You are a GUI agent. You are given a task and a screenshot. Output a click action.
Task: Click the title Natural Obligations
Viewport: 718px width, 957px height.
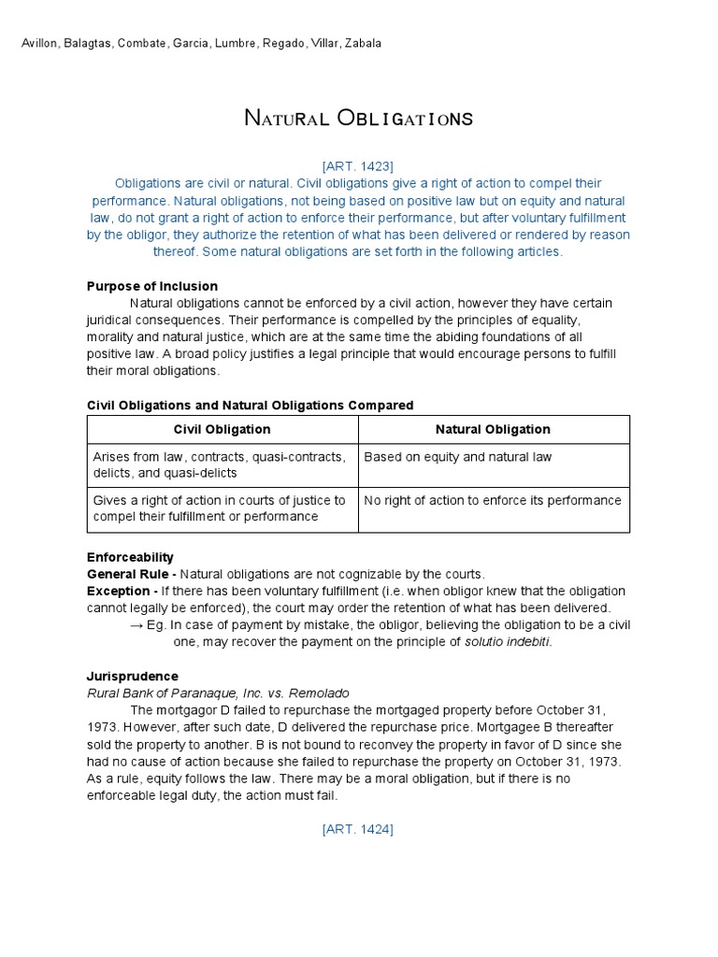(358, 119)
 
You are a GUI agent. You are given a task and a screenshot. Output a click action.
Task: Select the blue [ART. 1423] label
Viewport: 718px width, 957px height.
(358, 166)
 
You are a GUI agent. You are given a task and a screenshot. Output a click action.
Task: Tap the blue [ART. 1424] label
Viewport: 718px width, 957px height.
(358, 829)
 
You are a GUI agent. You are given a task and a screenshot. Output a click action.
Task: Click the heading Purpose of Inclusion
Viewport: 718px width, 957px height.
(152, 286)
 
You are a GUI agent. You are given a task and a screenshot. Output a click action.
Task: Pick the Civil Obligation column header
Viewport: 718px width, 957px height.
(223, 430)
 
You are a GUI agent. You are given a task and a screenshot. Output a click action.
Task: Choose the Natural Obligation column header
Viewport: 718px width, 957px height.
(493, 430)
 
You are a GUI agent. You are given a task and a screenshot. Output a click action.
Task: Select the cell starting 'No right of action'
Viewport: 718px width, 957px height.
(493, 501)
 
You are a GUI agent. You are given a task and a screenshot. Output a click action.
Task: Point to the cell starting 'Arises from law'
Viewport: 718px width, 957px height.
(219, 465)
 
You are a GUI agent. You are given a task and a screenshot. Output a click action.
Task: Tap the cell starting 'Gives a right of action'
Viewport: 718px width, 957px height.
(219, 509)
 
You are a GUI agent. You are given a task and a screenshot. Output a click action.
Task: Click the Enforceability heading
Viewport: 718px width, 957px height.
(130, 557)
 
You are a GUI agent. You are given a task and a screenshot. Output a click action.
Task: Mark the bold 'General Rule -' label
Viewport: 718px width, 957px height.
(131, 574)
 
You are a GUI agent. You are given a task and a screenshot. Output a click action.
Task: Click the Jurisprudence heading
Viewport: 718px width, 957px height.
(132, 676)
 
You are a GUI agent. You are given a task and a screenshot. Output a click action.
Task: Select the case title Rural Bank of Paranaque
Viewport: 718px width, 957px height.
(218, 693)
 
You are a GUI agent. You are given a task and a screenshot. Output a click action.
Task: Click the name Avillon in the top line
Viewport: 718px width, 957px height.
(41, 44)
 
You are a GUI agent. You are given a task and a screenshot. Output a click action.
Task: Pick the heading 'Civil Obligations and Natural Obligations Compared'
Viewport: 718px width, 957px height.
(250, 406)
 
